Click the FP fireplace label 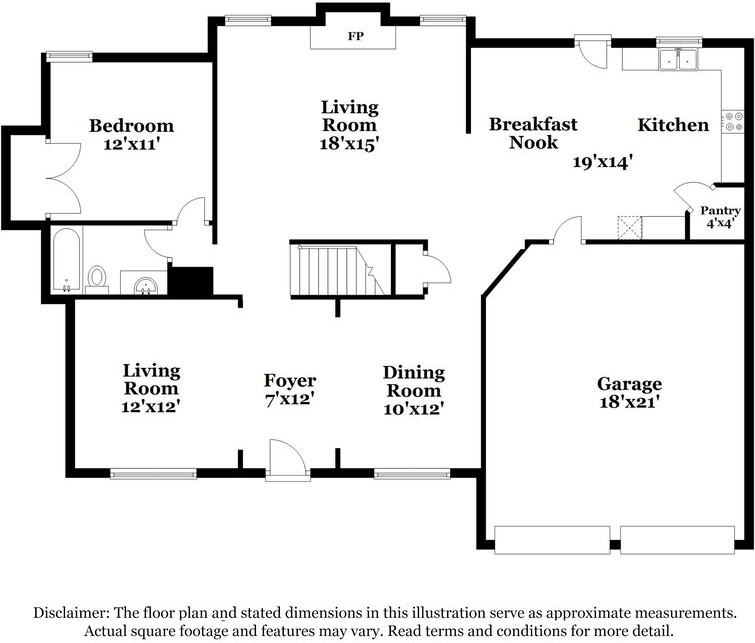(354, 37)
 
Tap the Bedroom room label (131, 126)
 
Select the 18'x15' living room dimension (349, 143)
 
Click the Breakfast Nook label (532, 133)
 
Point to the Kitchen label (673, 125)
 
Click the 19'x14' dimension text (602, 160)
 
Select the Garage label (629, 384)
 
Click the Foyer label (289, 381)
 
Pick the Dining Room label (413, 381)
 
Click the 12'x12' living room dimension (151, 407)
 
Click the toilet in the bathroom (97, 276)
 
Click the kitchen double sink (677, 61)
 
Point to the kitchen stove (735, 123)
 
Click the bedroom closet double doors (62, 176)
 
